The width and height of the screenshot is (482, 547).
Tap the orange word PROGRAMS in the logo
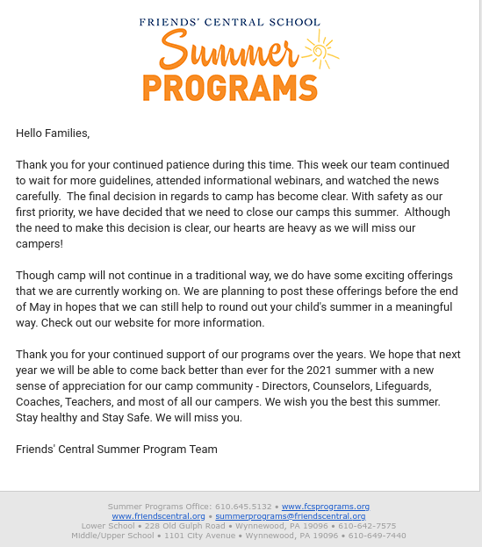(229, 88)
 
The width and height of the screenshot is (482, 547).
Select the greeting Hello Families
(53, 133)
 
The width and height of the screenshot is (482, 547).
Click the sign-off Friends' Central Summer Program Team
(117, 449)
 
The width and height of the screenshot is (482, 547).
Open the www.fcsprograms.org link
(325, 507)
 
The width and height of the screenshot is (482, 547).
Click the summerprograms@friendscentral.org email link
(291, 516)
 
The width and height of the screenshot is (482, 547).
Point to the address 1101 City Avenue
(198, 536)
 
